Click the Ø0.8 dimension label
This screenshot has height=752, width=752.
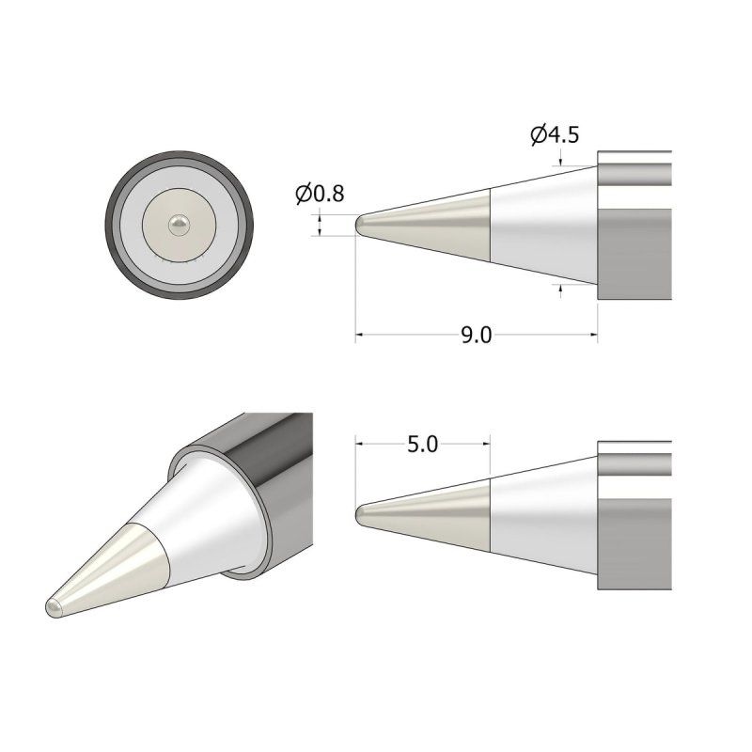(320, 194)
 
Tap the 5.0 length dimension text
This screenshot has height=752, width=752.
(422, 444)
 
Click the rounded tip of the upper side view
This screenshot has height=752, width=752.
(361, 226)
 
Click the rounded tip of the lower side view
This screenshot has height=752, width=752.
(361, 513)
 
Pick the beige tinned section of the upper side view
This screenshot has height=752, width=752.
(442, 226)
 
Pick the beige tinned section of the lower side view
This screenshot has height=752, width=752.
(442, 513)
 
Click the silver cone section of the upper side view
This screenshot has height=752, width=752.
(545, 226)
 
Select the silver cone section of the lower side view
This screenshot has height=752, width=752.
(545, 513)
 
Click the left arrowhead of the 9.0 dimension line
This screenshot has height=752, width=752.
(360, 335)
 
